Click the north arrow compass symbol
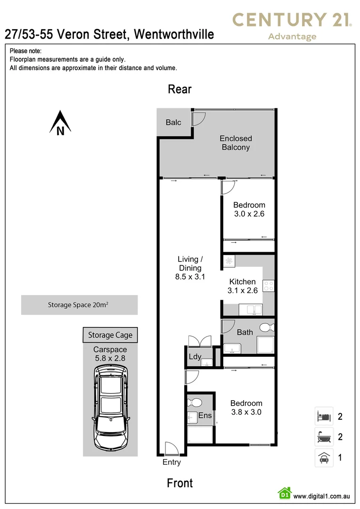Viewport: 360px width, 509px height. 60,123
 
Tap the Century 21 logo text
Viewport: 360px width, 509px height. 292,20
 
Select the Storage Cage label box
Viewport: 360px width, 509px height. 110,335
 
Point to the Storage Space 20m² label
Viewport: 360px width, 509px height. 79,305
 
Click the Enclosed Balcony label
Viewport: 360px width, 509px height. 236,143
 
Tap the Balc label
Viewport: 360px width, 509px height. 173,123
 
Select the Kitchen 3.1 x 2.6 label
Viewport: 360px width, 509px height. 243,286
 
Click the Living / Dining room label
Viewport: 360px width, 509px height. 190,268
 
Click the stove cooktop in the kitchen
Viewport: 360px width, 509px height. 269,286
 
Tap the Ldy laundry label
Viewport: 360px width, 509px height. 195,357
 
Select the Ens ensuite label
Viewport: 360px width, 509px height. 205,416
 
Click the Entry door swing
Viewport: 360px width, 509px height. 171,449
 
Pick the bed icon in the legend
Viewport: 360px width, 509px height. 324,416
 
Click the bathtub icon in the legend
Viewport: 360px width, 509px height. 324,437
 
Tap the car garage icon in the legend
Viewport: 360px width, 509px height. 324,458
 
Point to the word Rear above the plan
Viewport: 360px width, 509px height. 180,90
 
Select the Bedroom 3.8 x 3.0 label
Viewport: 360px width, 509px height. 246,408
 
